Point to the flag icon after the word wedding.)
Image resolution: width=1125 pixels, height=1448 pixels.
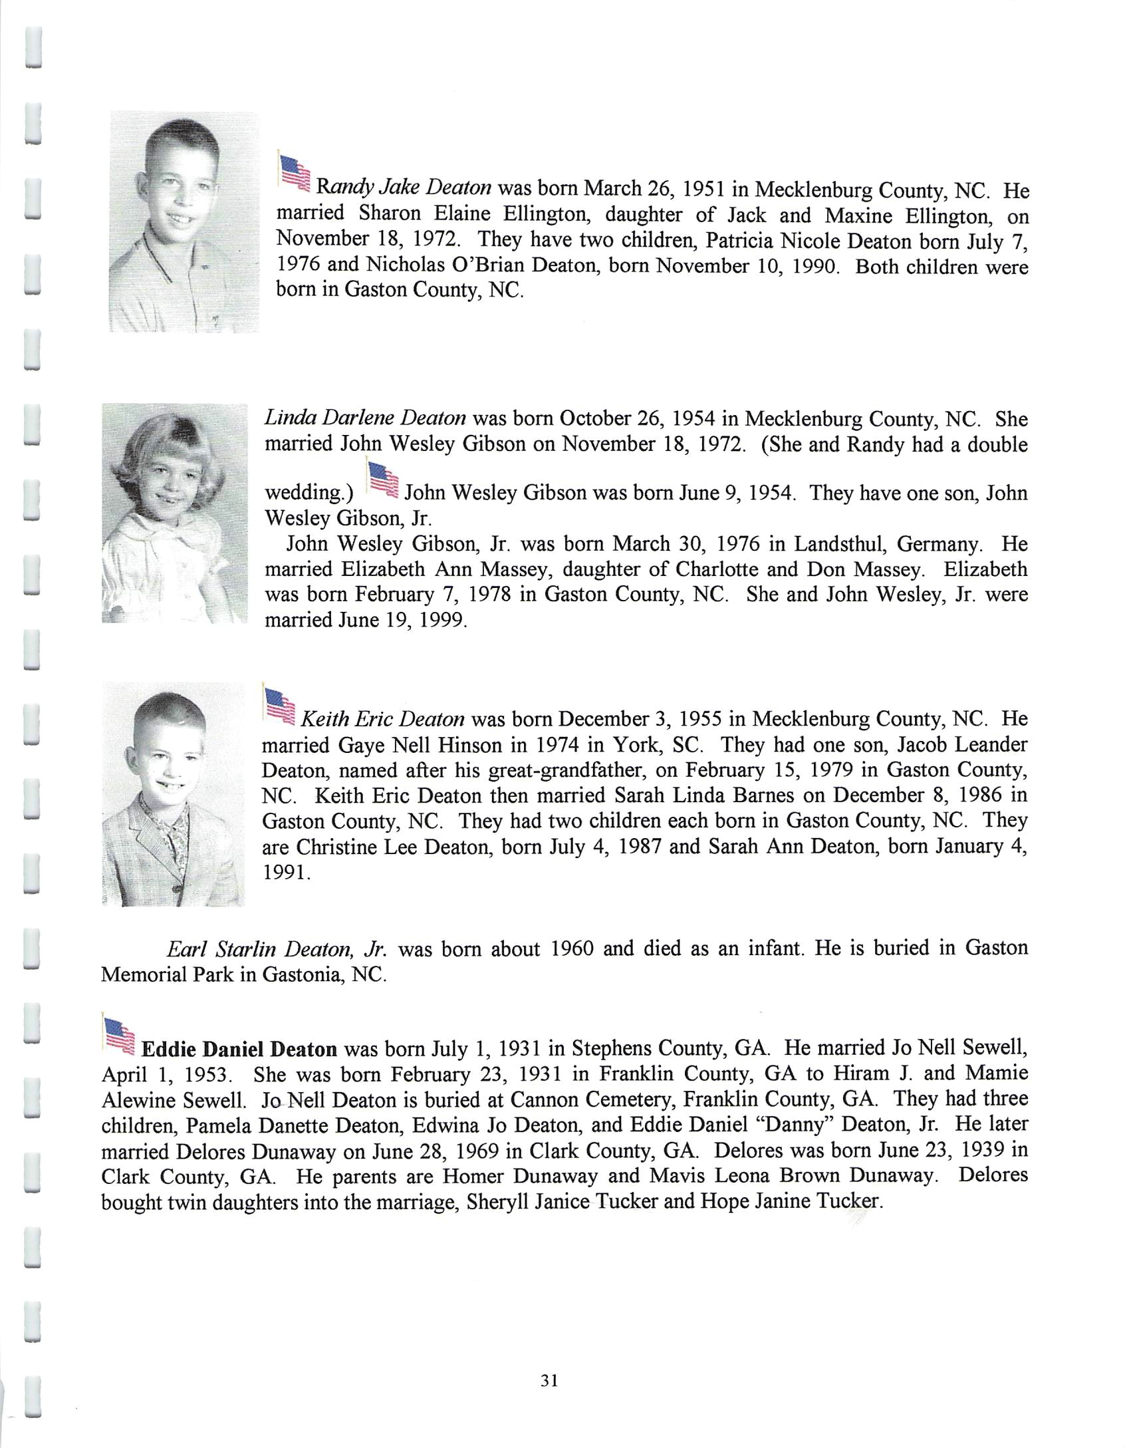pos(382,480)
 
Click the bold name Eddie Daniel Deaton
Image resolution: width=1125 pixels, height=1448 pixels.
pos(239,1050)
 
